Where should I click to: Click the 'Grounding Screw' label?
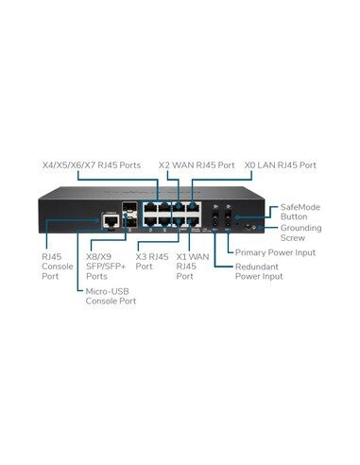[x=301, y=232]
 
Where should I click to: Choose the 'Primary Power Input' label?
[x=275, y=252]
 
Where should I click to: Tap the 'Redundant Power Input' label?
[x=262, y=272]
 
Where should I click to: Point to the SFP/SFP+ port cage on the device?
[x=132, y=215]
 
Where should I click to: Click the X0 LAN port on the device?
[x=194, y=206]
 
